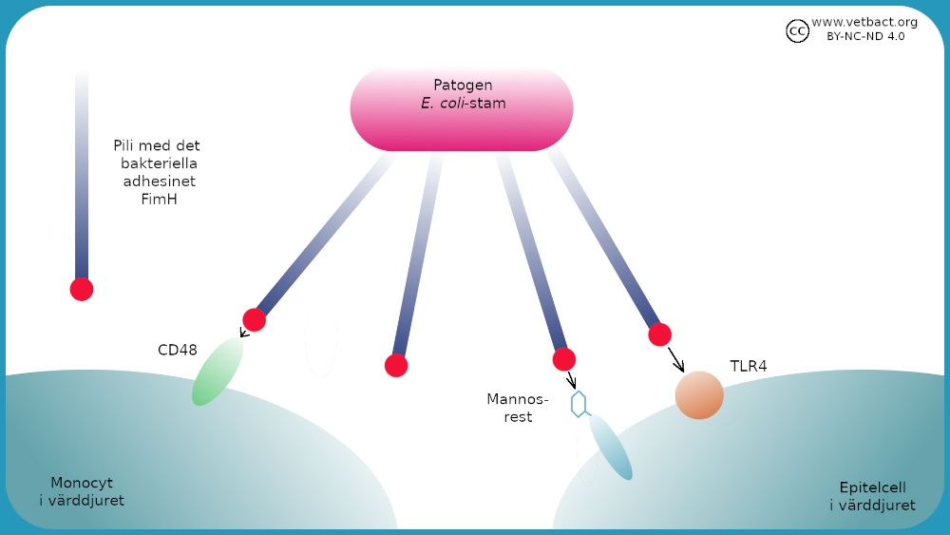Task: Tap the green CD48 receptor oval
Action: [218, 372]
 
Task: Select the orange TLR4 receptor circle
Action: [699, 395]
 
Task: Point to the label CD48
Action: [178, 350]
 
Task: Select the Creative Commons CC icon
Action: [797, 31]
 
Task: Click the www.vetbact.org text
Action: [864, 21]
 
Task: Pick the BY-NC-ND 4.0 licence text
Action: [865, 36]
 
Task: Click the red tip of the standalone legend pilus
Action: [82, 289]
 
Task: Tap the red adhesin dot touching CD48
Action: [254, 319]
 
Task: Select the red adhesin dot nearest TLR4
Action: [659, 334]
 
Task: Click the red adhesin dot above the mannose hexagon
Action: [564, 359]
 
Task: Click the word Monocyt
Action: [81, 482]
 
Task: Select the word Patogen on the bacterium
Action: [463, 86]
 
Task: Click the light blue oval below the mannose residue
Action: [611, 447]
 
